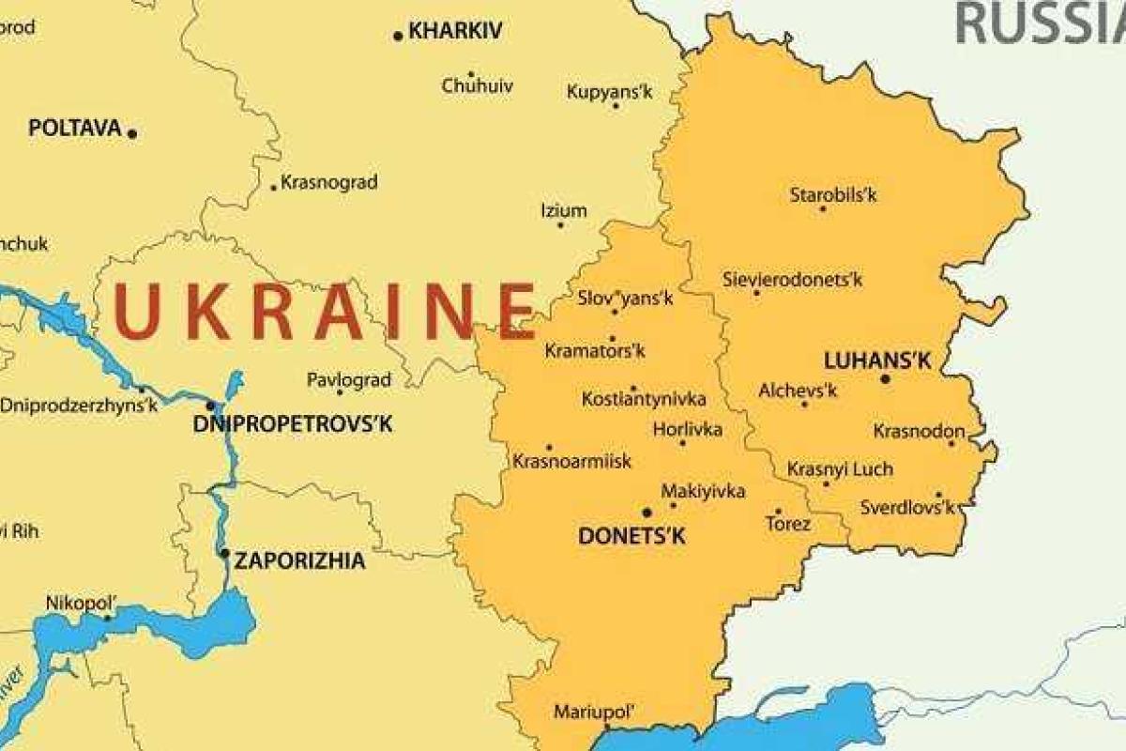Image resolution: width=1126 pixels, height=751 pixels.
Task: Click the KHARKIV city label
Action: [x=455, y=31]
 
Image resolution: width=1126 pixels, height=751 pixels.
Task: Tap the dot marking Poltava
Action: [x=132, y=133]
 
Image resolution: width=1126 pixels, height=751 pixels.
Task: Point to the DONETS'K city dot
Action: [x=647, y=513]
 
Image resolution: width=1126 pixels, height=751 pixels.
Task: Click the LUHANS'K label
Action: [x=863, y=360]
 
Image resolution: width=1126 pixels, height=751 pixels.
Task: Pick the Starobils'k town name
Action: [x=833, y=195]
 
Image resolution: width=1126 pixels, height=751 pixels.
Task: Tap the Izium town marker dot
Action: [x=561, y=225]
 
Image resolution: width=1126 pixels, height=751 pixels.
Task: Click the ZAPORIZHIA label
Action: [x=299, y=561]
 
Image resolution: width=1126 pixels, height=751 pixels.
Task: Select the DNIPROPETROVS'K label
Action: [x=293, y=424]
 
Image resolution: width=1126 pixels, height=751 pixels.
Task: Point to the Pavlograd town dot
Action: [x=340, y=392]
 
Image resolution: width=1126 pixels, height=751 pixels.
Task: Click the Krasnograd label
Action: [x=329, y=182]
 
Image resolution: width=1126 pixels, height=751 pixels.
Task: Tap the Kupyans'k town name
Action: [x=611, y=91]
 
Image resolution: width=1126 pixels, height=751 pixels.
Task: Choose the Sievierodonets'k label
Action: [x=792, y=279]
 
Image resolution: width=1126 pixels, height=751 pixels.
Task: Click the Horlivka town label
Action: [x=688, y=429]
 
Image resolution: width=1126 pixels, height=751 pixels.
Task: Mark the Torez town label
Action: [x=787, y=524]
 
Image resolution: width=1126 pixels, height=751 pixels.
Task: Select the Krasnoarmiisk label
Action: [x=572, y=462]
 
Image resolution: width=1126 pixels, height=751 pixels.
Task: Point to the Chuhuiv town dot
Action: [x=470, y=73]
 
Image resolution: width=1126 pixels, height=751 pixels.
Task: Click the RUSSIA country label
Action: [x=1037, y=23]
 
